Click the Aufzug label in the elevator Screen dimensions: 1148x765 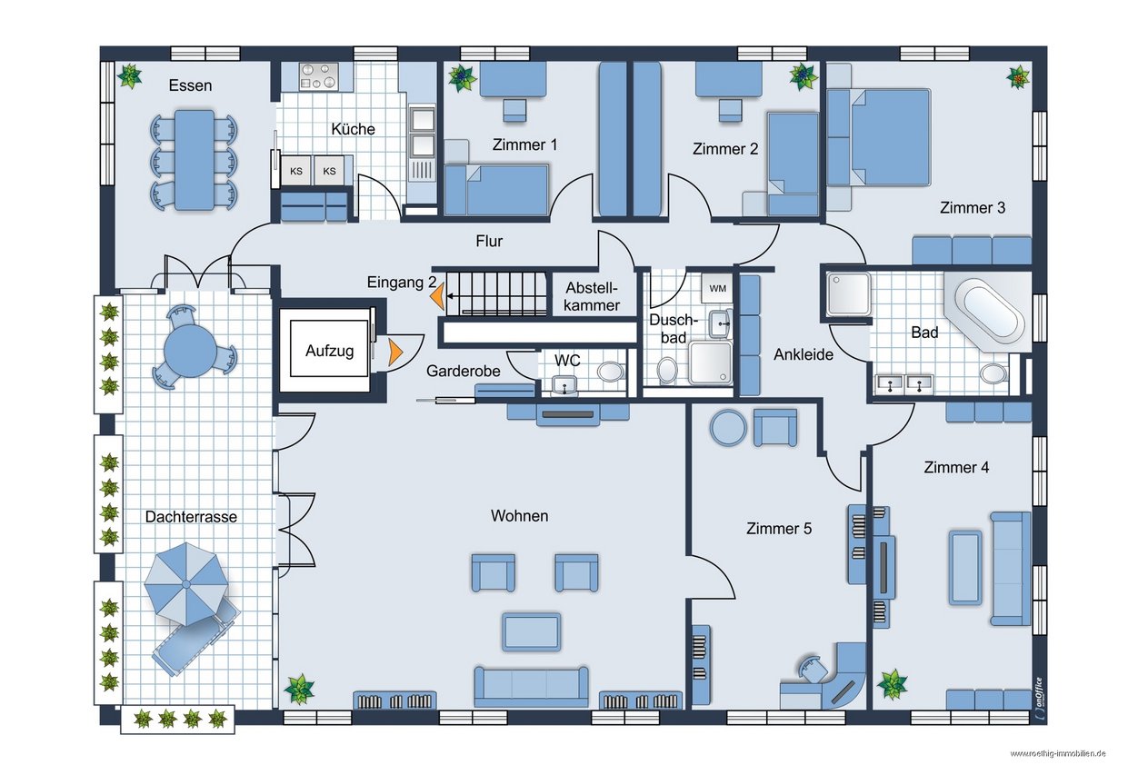coord(330,351)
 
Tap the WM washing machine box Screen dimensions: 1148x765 coord(717,289)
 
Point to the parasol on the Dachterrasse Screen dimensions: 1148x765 coord(186,583)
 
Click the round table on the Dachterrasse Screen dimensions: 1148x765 coord(190,352)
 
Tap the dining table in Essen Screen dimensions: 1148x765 coord(195,160)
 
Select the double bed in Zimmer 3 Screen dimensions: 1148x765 coord(878,137)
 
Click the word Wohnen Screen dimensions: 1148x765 coord(519,515)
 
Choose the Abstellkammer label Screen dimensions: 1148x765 coord(592,297)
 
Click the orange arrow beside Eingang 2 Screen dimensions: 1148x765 coord(437,297)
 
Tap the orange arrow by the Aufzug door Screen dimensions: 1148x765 coord(395,352)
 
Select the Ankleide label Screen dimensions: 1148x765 coord(804,354)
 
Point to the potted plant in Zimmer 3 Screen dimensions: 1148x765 coord(1018,77)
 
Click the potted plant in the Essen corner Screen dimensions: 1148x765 coord(129,75)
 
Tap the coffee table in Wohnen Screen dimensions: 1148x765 coord(531,631)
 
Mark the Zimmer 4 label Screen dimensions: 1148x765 coord(956,467)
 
